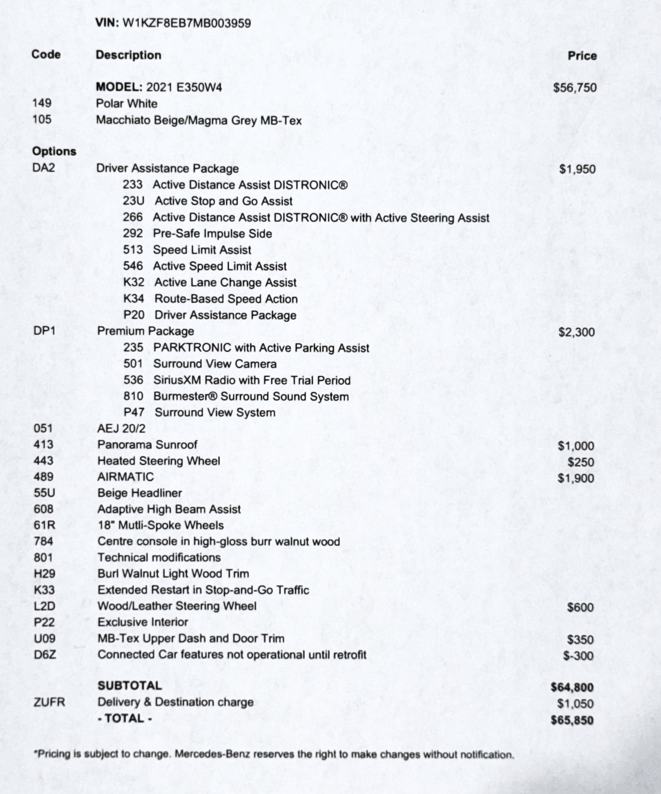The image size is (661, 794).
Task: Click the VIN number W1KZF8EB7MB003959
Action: coord(187,23)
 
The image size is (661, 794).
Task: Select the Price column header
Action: coord(582,56)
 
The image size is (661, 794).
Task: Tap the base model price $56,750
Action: coord(575,88)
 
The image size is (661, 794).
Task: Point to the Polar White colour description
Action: coord(127,104)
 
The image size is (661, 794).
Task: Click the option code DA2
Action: coord(43,167)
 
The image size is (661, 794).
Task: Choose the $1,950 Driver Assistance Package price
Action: coord(577,169)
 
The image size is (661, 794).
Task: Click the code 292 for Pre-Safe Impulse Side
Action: coord(133,233)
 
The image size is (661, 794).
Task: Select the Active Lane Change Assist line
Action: coord(225,282)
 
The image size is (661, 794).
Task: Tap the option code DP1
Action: coord(44,331)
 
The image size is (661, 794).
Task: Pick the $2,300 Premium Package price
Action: coord(577,332)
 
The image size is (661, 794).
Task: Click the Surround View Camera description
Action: coord(215,364)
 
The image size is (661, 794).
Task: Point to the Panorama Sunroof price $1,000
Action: coord(576,446)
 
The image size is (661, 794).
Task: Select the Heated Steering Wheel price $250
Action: coord(580,462)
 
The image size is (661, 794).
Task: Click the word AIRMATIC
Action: coord(126,477)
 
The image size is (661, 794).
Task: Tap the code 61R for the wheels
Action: coord(44,525)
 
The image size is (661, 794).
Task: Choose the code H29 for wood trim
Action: coord(44,574)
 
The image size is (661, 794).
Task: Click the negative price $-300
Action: coord(578,656)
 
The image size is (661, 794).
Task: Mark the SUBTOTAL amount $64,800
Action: coord(572,687)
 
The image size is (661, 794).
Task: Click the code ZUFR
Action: coord(49,702)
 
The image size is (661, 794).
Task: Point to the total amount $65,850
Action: coord(572,720)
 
